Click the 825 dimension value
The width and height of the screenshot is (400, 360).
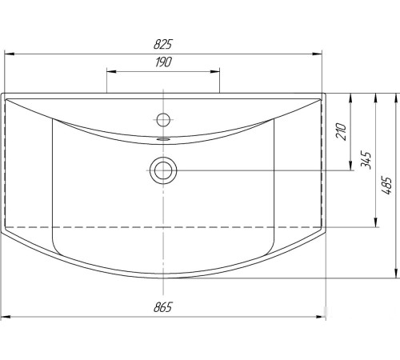(163, 44)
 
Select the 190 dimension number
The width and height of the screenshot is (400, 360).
(164, 62)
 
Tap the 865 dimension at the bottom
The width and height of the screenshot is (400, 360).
(163, 307)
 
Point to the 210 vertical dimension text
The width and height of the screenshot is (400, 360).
(341, 131)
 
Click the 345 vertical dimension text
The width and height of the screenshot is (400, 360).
(366, 160)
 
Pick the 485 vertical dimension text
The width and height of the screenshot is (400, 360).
(387, 185)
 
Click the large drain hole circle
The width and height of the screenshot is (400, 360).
(163, 170)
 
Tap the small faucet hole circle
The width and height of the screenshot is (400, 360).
(163, 119)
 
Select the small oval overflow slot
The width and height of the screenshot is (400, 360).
(163, 139)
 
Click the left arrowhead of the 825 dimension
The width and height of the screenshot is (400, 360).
(9, 54)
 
